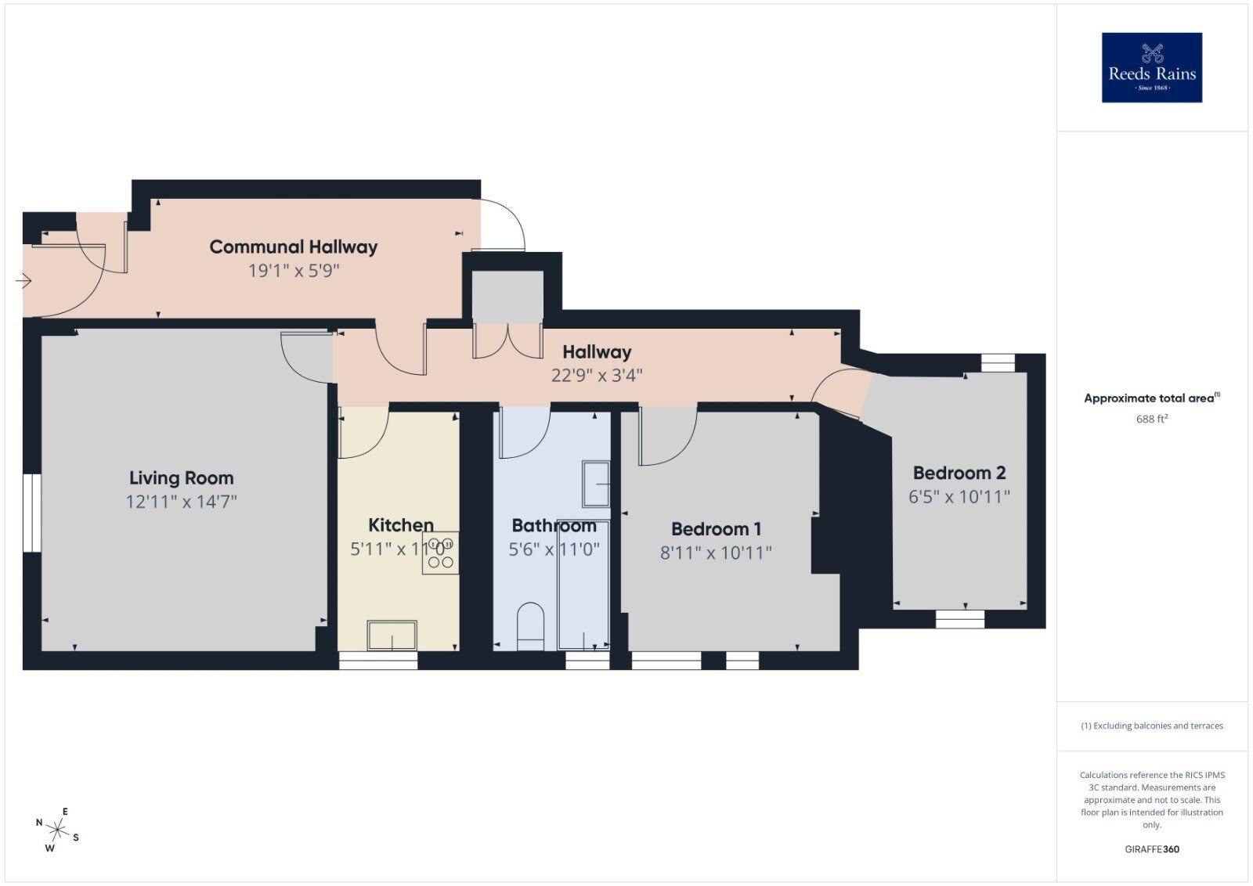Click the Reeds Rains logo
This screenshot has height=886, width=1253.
point(1151,67)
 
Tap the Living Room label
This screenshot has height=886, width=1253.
point(181,477)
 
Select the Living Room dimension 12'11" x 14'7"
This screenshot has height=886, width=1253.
point(181,502)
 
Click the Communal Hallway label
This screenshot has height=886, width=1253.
point(293,247)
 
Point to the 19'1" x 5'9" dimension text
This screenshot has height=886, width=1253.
point(293,271)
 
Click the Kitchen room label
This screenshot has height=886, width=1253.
point(400,524)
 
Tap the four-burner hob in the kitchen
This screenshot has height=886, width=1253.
point(440,553)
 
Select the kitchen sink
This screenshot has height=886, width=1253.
point(392,635)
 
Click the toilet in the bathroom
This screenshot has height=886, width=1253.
point(530,625)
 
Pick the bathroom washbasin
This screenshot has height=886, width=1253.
point(596,484)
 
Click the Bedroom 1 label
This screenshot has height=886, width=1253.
point(716,528)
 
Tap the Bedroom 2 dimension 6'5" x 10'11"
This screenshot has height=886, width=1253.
point(959,496)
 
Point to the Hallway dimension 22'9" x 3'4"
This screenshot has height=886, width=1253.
point(597,376)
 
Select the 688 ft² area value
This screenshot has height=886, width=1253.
point(1151,419)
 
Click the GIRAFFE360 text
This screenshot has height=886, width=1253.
point(1151,849)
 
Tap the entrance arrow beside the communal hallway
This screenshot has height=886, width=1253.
point(23,280)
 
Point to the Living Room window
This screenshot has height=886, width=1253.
point(31,513)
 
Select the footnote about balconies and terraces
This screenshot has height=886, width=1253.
point(1151,726)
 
